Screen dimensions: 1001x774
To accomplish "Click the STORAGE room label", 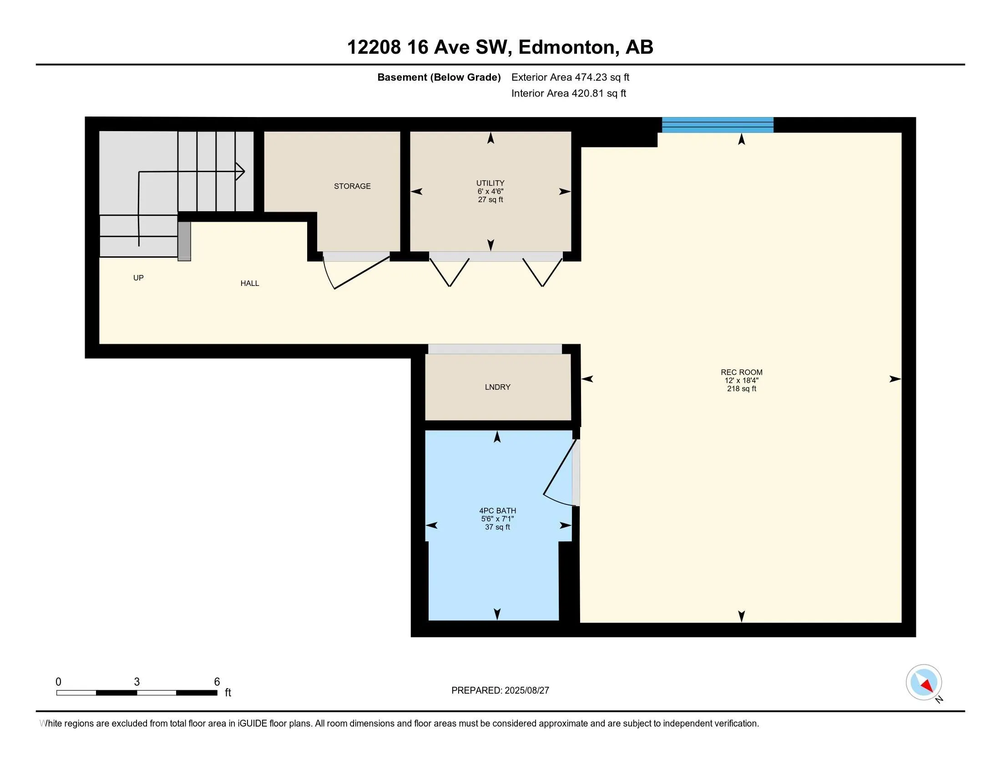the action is [352, 186].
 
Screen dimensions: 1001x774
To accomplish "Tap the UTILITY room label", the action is [490, 183].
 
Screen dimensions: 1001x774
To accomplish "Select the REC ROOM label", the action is [741, 372].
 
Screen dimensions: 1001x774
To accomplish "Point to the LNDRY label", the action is [497, 387].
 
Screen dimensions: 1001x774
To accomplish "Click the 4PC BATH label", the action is [497, 511].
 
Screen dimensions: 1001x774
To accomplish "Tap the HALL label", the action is [250, 283].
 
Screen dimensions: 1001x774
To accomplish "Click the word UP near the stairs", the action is [138, 278].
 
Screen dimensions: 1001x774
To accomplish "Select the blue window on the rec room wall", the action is [718, 125].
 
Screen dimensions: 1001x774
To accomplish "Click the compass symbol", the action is [924, 682].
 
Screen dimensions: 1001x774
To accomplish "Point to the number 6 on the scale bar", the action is [217, 682].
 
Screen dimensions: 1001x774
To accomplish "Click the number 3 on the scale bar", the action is [136, 682].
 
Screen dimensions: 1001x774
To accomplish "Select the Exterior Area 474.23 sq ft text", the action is [570, 77].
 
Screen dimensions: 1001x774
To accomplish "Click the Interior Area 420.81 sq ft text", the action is [568, 93].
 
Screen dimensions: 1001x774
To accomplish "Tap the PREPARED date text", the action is [500, 691].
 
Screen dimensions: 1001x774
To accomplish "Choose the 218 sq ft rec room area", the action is [741, 389].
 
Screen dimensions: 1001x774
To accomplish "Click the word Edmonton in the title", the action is [566, 47].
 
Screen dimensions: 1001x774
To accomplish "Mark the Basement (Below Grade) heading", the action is [439, 77].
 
